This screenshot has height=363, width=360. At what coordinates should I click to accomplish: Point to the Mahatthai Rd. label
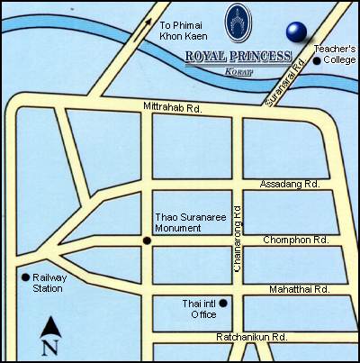[x=298, y=289]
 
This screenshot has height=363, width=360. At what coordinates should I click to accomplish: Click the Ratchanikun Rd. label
[x=252, y=337]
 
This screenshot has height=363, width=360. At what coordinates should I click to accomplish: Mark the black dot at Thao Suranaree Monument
[x=147, y=240]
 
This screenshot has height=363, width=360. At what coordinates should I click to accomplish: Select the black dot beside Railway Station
[x=24, y=277]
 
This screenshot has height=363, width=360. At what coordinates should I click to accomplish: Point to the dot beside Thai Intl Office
[x=223, y=302]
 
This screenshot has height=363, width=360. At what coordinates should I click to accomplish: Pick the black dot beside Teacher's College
[x=318, y=60]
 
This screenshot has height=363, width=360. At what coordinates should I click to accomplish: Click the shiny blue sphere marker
[x=296, y=32]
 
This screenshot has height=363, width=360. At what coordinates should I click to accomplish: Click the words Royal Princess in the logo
[x=238, y=56]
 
